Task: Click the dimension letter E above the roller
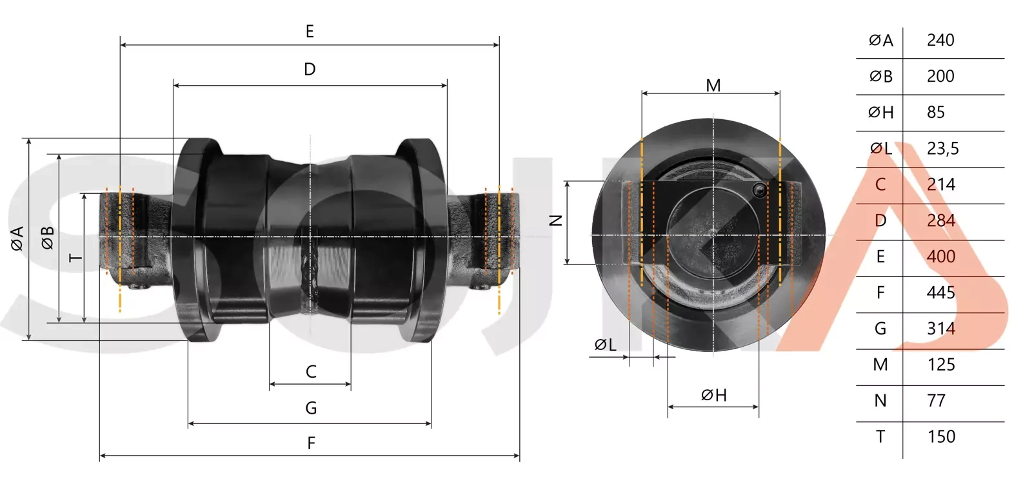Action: (x=310, y=32)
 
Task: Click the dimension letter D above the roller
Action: (x=310, y=70)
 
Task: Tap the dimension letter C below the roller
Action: (x=311, y=372)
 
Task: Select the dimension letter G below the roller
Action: (x=311, y=408)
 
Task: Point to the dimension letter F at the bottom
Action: (x=311, y=443)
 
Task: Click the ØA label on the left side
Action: (x=17, y=238)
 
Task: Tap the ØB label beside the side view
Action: (x=48, y=238)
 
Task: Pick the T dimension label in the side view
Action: (x=75, y=258)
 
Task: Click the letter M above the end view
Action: (x=713, y=86)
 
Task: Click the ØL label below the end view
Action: (x=605, y=345)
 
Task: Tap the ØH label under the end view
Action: (x=713, y=395)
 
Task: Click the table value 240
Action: (x=940, y=41)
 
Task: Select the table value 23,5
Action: (x=942, y=149)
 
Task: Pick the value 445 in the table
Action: (x=940, y=293)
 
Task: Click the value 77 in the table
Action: (x=936, y=401)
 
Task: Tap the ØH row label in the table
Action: (x=880, y=113)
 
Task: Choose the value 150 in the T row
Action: (x=941, y=437)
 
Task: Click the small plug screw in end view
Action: (x=760, y=189)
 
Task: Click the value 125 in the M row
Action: (x=941, y=365)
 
